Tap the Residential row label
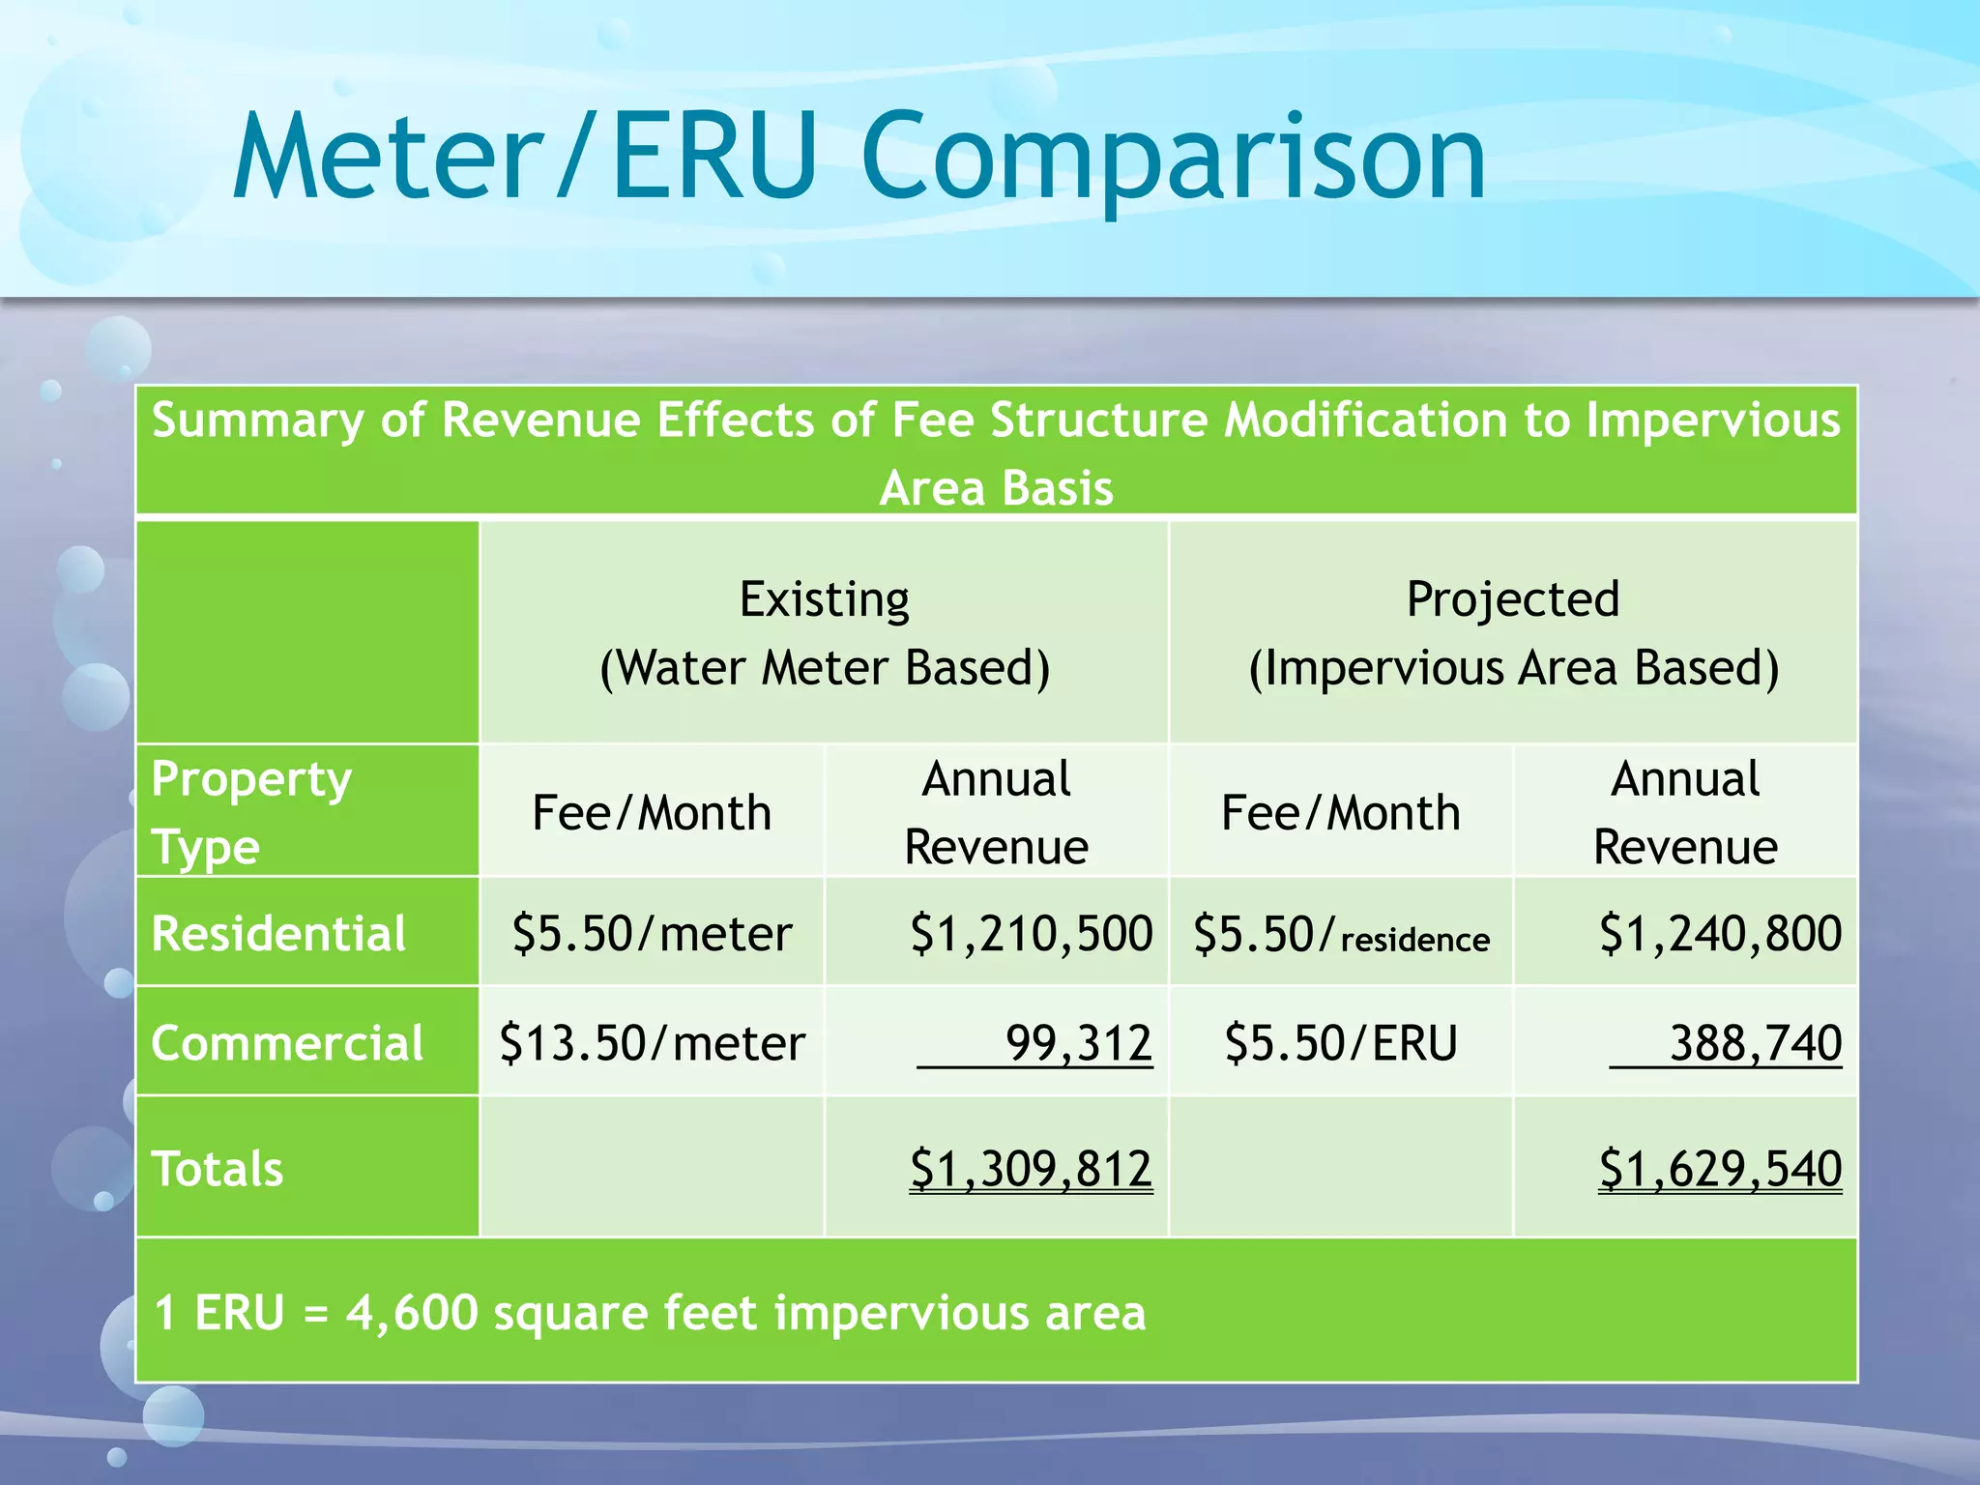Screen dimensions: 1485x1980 click(x=278, y=934)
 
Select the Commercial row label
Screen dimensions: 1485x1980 click(x=287, y=1043)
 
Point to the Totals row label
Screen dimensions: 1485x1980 click(x=218, y=1168)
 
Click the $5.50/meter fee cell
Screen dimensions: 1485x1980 click(x=652, y=934)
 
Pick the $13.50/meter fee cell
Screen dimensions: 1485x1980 click(x=652, y=1043)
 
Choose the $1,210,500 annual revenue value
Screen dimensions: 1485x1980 click(x=1031, y=934)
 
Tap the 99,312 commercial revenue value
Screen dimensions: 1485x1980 click(x=1078, y=1043)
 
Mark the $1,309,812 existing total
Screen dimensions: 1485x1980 click(x=1031, y=1168)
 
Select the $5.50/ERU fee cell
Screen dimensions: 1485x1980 click(x=1341, y=1043)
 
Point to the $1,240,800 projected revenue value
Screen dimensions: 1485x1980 click(x=1720, y=934)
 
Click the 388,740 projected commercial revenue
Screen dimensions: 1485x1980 click(x=1755, y=1043)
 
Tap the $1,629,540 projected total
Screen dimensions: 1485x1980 click(x=1720, y=1168)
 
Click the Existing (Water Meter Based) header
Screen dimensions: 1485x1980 click(x=825, y=633)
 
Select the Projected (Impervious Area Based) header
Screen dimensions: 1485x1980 click(x=1513, y=633)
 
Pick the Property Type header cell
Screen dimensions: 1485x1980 click(x=251, y=812)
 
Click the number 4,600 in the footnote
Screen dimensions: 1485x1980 click(x=412, y=1313)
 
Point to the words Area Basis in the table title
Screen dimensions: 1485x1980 click(x=996, y=487)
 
